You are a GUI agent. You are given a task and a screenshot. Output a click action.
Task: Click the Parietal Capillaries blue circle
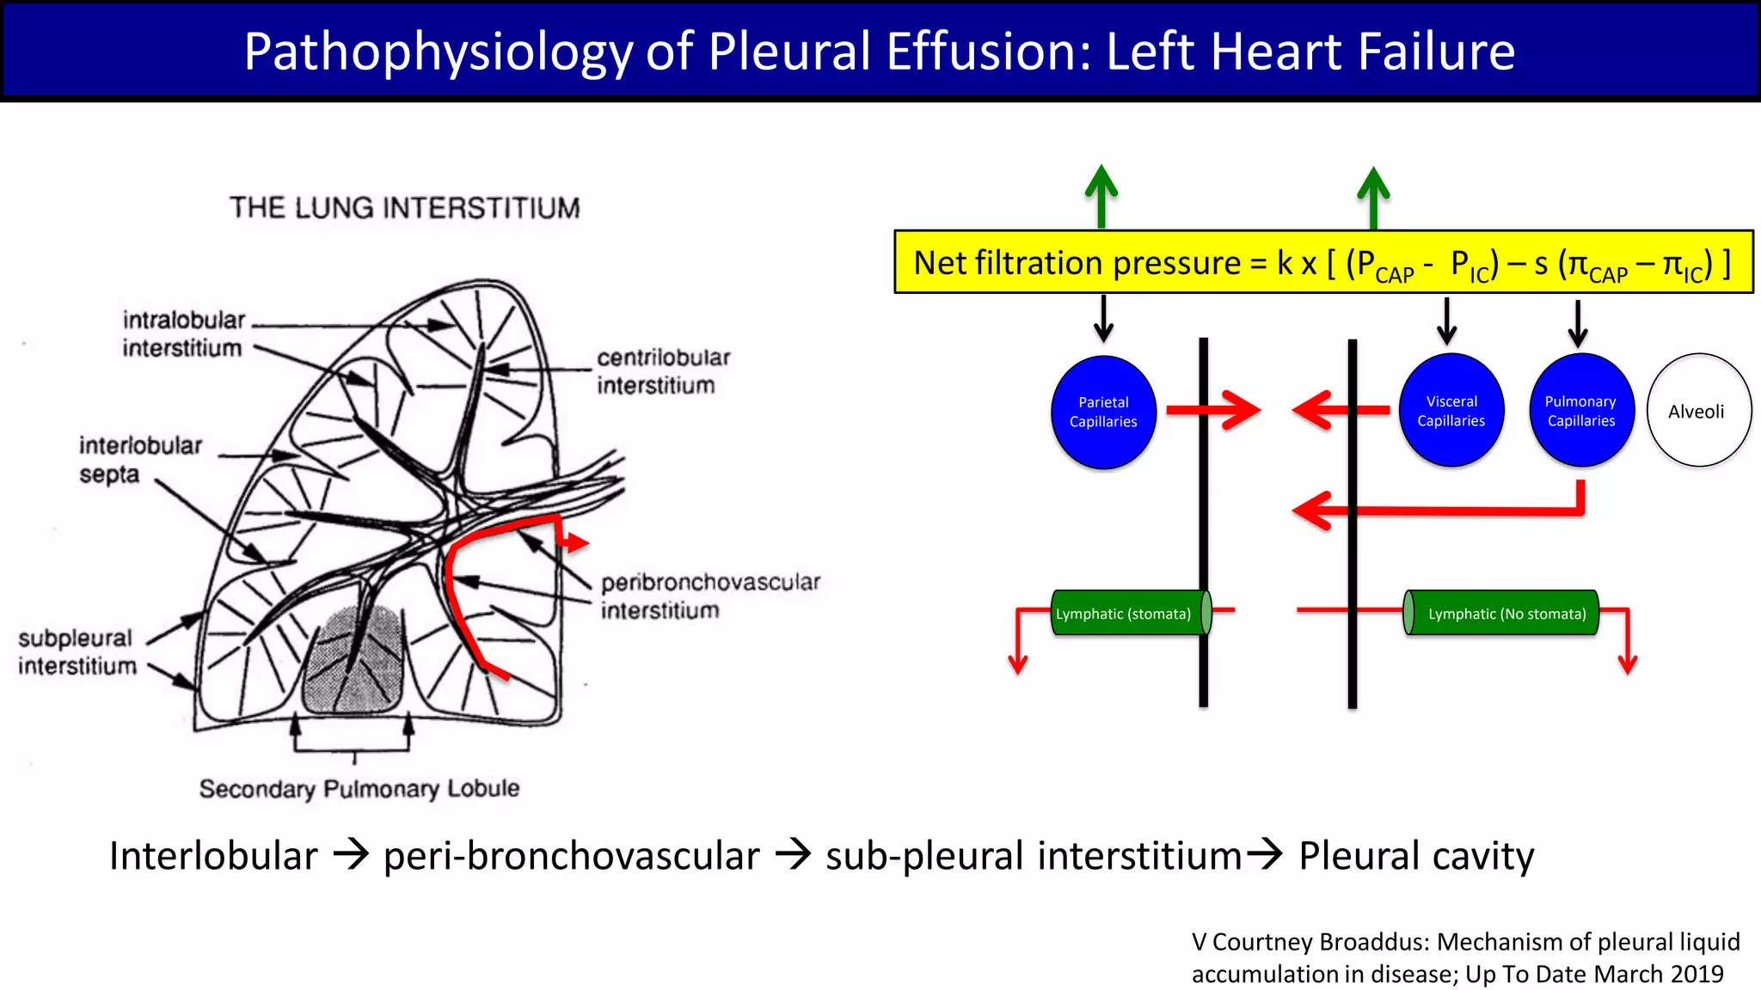pos(1103,412)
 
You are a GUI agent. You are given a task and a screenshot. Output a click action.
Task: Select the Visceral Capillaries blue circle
pos(1451,411)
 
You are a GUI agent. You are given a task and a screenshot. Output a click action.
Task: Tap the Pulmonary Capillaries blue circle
pos(1581,411)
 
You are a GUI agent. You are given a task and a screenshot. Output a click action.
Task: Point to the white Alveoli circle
pos(1698,411)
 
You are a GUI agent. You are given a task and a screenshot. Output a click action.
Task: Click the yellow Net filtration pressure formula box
pos(1322,262)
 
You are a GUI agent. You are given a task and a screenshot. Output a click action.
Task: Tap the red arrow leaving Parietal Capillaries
pos(1212,411)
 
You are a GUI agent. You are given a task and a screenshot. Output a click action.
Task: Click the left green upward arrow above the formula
pos(1101,196)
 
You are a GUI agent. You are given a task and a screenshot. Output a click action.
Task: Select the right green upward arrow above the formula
pos(1373,196)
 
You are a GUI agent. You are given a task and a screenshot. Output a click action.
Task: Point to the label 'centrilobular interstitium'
pos(662,371)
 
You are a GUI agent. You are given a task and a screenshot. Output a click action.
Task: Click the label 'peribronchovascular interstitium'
pos(709,596)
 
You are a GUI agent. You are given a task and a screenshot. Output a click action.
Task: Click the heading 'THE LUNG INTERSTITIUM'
pos(404,208)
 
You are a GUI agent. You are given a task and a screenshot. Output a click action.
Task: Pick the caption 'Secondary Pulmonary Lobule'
pos(359,788)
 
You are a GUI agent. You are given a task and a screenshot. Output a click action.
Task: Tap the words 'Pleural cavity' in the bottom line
pos(1415,856)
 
